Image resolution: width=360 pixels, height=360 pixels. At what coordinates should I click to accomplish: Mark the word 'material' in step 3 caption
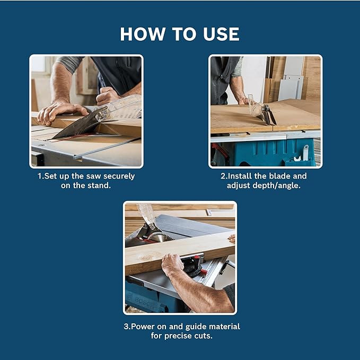[x=223, y=326]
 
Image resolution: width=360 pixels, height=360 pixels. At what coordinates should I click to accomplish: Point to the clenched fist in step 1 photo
[x=107, y=95]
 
